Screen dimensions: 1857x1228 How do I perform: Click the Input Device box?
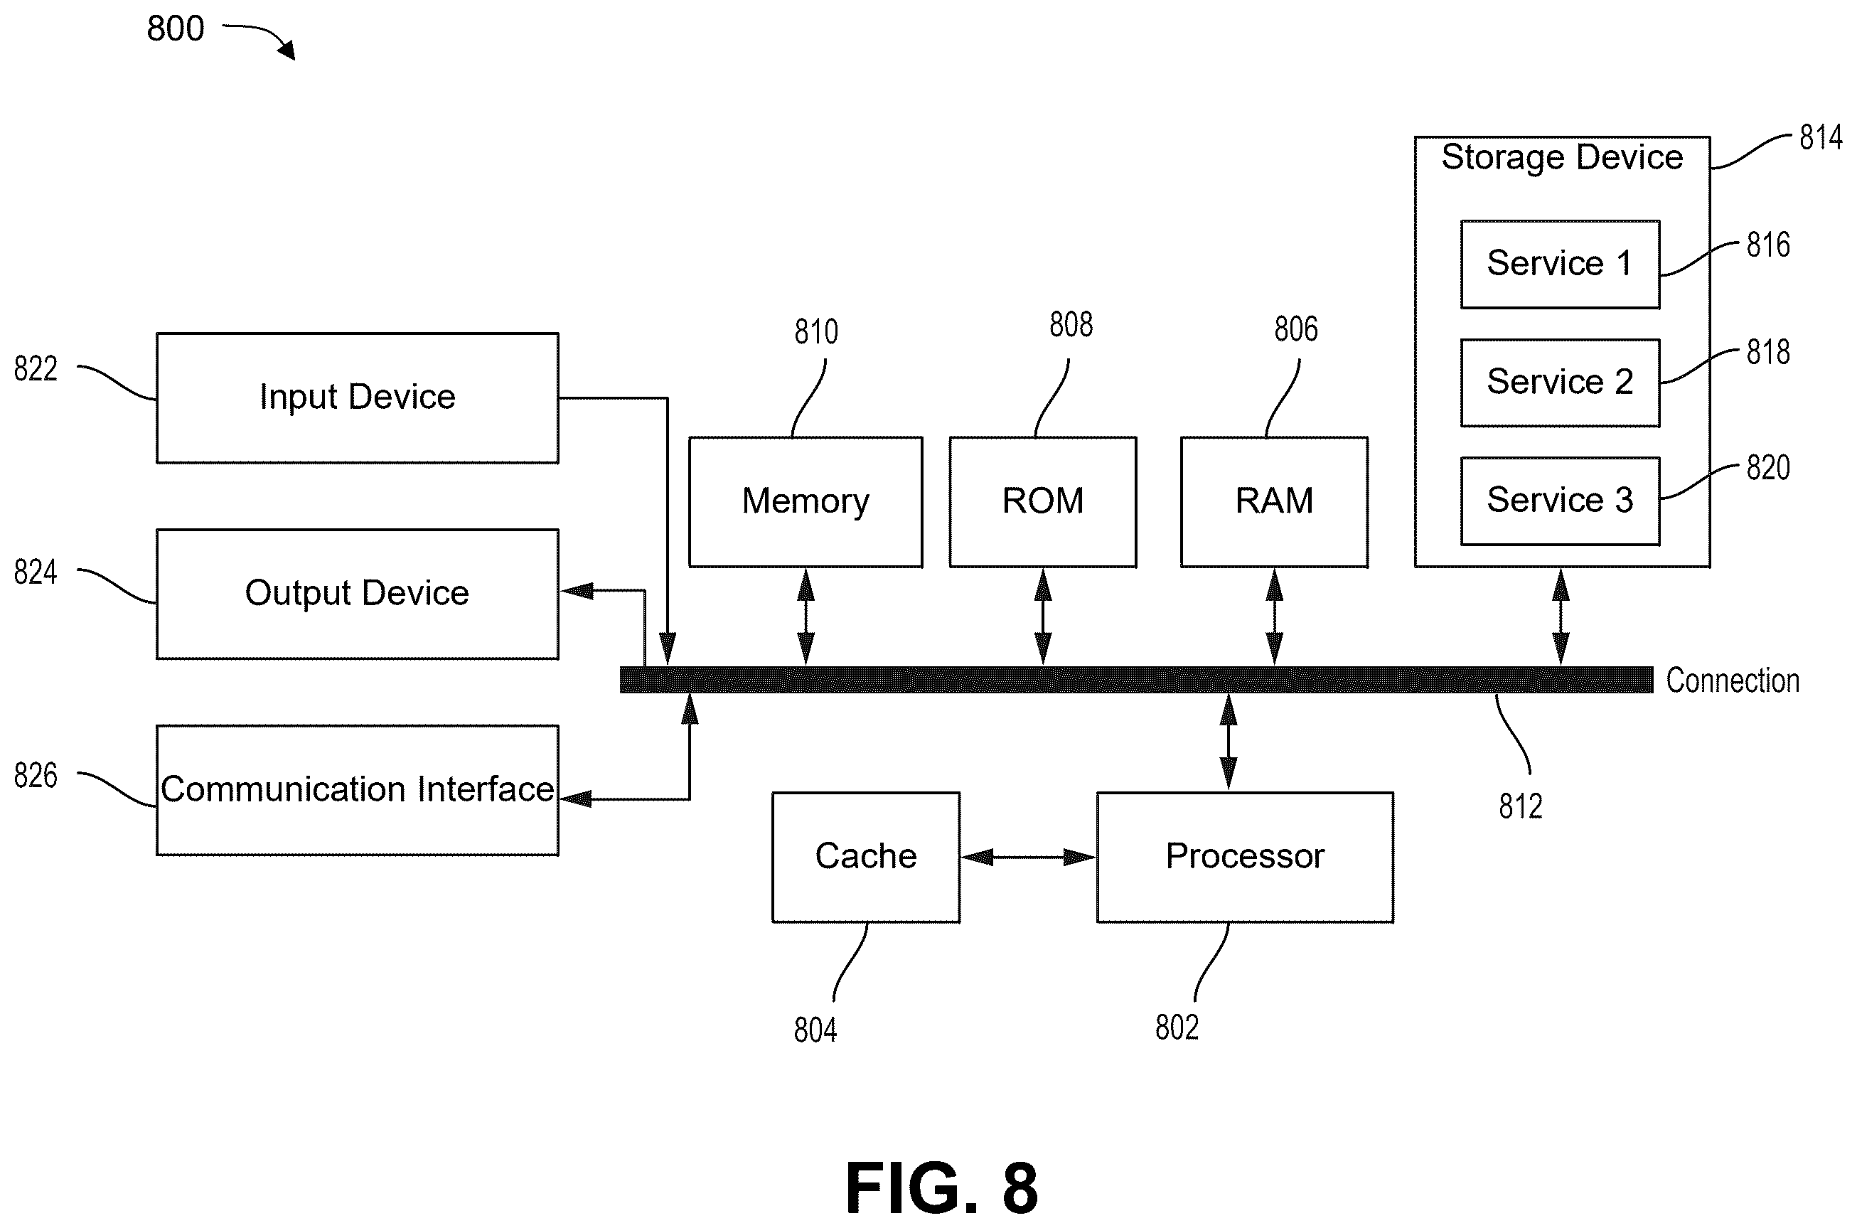click(x=357, y=398)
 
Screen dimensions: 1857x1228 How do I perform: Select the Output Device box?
click(x=357, y=594)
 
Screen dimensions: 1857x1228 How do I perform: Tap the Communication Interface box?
click(x=357, y=789)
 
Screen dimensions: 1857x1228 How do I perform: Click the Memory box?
click(x=806, y=502)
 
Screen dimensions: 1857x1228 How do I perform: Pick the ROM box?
click(x=1043, y=502)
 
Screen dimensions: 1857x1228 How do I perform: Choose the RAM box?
click(x=1275, y=502)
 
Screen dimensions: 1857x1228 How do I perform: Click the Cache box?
click(x=866, y=857)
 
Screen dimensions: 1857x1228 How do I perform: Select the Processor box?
click(x=1245, y=857)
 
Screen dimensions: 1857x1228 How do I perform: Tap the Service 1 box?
click(x=1561, y=264)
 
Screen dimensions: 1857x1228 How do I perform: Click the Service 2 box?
click(x=1561, y=382)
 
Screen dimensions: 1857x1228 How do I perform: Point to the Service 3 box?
click(x=1561, y=501)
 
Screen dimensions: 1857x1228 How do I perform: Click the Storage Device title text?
click(x=1562, y=157)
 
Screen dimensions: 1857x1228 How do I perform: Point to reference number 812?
click(x=1520, y=806)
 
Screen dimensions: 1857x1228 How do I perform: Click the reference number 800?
click(x=176, y=28)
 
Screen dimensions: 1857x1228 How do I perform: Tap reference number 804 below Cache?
click(x=815, y=1030)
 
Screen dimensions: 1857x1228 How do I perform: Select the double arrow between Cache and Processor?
click(x=1028, y=858)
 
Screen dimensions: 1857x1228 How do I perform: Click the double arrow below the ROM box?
click(x=1043, y=617)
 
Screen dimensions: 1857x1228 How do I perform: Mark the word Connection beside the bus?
click(x=1733, y=680)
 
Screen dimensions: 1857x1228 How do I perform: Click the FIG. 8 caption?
click(x=942, y=1187)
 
